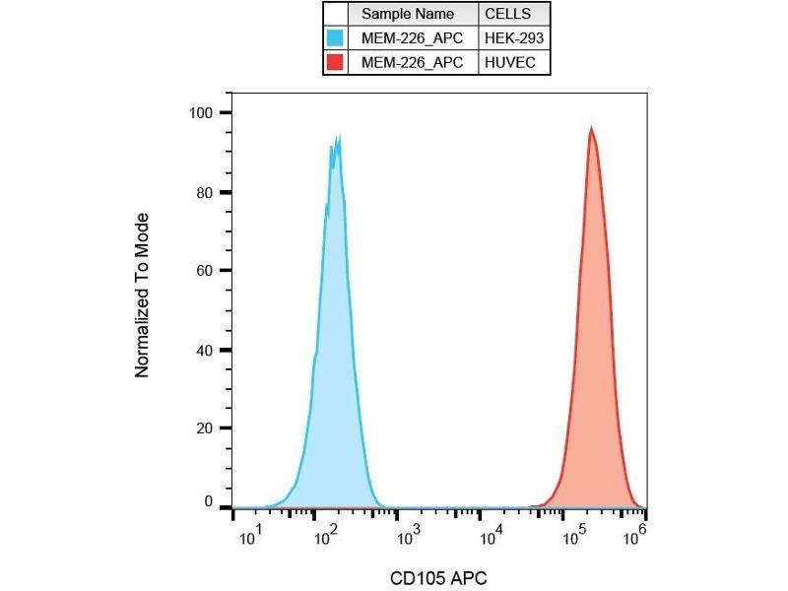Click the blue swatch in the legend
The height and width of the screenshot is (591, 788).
336,38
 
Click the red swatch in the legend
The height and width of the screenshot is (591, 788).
336,62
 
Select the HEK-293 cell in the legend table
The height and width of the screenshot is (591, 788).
514,38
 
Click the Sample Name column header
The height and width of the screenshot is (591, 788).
408,14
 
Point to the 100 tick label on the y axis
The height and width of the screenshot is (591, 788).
201,112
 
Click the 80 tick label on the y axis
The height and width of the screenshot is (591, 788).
205,192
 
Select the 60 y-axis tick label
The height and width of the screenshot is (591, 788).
205,271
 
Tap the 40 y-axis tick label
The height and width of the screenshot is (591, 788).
205,350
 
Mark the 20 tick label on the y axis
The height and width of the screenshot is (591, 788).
205,428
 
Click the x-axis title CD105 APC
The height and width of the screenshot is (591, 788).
438,577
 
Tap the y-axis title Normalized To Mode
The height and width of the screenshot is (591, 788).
143,295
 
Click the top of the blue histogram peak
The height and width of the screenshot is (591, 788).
338,138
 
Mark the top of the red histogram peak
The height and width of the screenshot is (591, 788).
591,128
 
